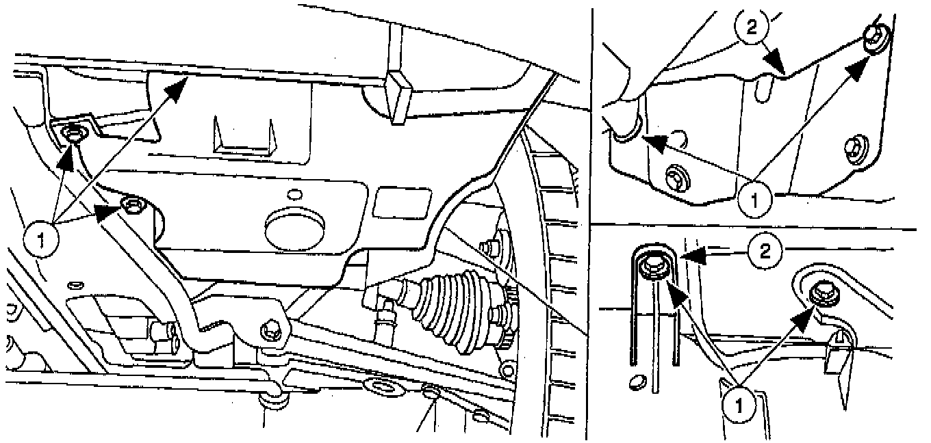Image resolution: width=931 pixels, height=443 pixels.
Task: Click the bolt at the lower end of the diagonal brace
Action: [270, 331]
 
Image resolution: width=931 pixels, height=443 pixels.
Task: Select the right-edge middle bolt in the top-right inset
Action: [853, 146]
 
